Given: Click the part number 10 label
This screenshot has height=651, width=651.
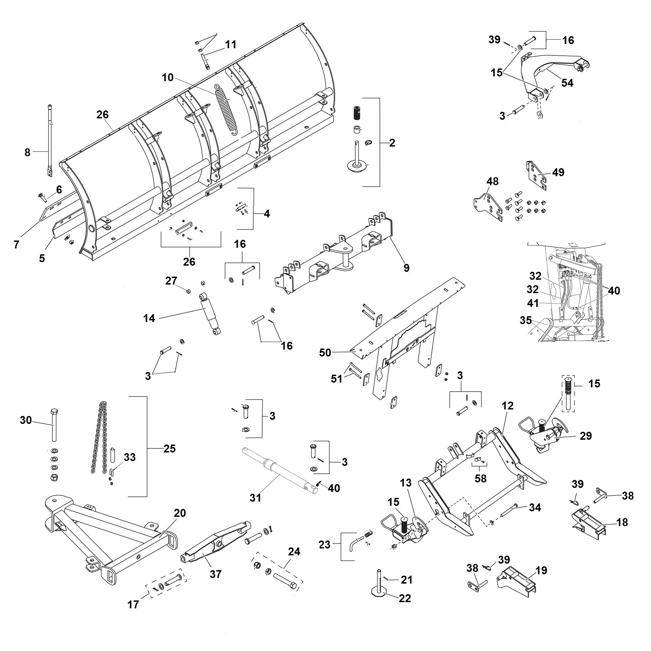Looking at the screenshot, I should pos(168,77).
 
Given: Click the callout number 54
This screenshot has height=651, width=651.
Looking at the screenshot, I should pos(567,83).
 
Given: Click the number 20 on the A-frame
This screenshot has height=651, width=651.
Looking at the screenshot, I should pos(180,513).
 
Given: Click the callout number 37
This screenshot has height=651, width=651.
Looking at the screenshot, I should pos(215,574).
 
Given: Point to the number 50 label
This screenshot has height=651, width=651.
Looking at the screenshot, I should pos(325,352).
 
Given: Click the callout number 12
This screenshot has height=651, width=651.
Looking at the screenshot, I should pos(508,406).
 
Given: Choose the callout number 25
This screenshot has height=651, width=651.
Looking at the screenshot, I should pos(170,448).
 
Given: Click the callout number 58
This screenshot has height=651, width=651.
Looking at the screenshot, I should pos(480,478).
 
